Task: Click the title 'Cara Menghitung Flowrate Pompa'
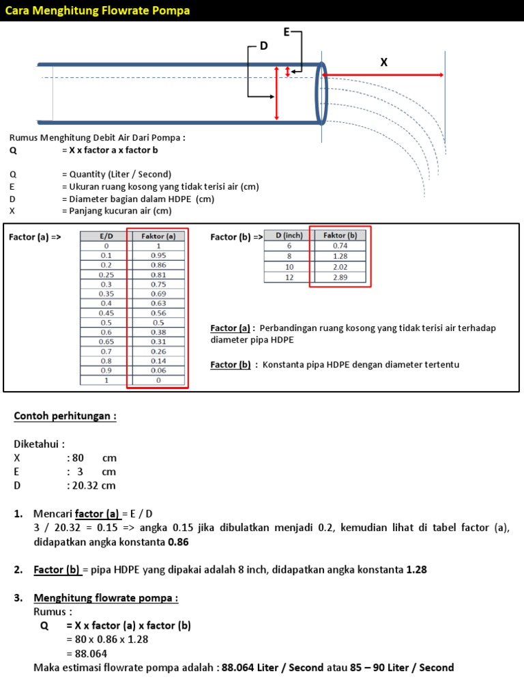pos(98,10)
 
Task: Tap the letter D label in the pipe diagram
pos(263,46)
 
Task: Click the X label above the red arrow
pos(383,62)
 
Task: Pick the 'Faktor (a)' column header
pos(158,236)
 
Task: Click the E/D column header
pos(106,236)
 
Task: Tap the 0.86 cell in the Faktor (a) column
pos(158,265)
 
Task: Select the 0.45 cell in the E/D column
pos(106,313)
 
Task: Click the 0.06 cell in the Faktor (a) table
pos(158,370)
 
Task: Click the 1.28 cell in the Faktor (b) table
pos(340,255)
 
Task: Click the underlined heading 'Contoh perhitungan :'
pos(65,416)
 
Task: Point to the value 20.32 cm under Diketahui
pos(91,486)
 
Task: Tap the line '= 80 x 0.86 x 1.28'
pos(107,640)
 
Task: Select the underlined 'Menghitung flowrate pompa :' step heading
pos(106,598)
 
